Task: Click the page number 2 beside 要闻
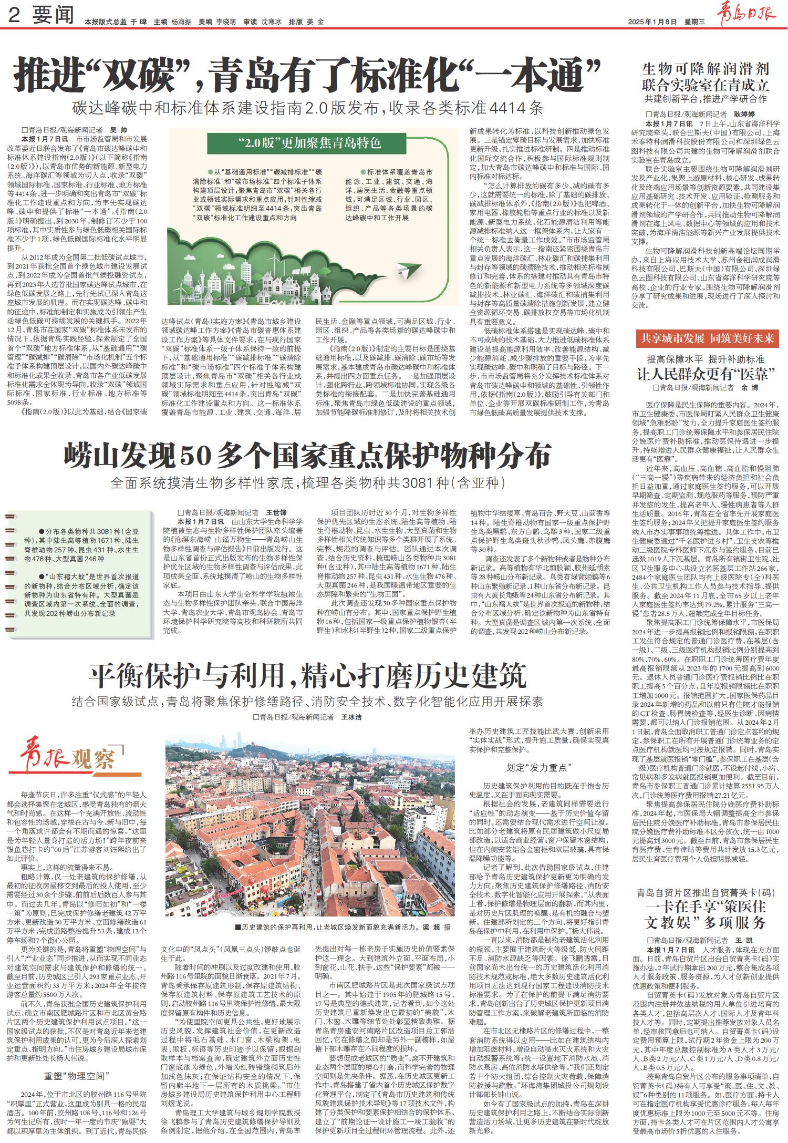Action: point(14,16)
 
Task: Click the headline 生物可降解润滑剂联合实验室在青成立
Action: point(706,76)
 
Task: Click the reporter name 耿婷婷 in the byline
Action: point(744,114)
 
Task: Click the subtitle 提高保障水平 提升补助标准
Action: point(706,360)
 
